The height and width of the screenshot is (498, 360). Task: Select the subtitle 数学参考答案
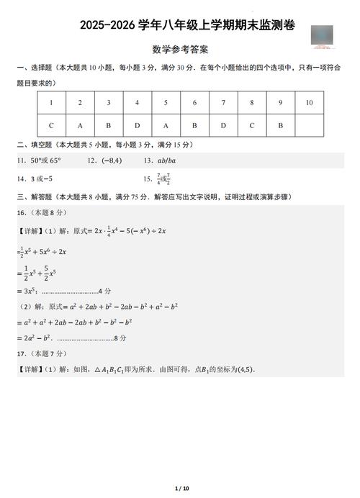(x=181, y=50)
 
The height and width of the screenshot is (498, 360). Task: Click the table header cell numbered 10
(x=309, y=103)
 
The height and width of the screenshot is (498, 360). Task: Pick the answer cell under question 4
(x=137, y=125)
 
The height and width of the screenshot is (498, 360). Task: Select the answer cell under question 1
(x=50, y=125)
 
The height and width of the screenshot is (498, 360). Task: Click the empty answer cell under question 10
(x=309, y=125)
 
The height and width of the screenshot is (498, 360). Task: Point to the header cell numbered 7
(x=223, y=103)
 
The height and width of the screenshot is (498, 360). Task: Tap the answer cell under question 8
(x=252, y=125)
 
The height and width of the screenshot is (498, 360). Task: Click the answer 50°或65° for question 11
(x=45, y=161)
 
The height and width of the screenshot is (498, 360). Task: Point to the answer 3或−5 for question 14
(x=42, y=178)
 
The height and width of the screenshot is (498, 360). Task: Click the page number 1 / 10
(x=180, y=489)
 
